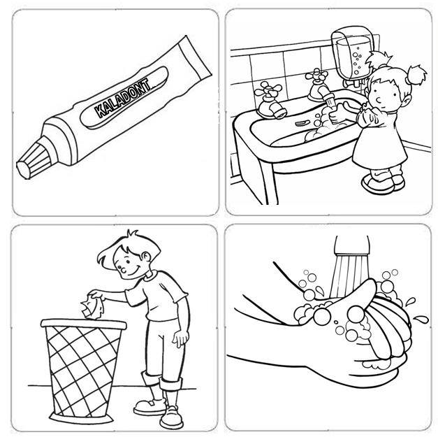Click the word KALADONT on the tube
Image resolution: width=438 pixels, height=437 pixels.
coord(122,98)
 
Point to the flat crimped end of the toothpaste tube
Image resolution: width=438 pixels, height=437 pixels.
coord(196,57)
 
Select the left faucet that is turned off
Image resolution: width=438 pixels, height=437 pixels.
coord(270,100)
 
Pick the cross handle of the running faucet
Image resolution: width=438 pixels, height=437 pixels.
coord(316,76)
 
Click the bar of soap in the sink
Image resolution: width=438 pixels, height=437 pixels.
coord(302,123)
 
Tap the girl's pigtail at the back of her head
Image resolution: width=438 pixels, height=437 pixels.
coord(417,74)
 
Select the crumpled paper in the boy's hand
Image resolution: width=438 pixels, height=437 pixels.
coord(92,308)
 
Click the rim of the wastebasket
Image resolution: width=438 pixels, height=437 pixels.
coord(84,324)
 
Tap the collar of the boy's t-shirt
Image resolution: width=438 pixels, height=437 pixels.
coord(151,276)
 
